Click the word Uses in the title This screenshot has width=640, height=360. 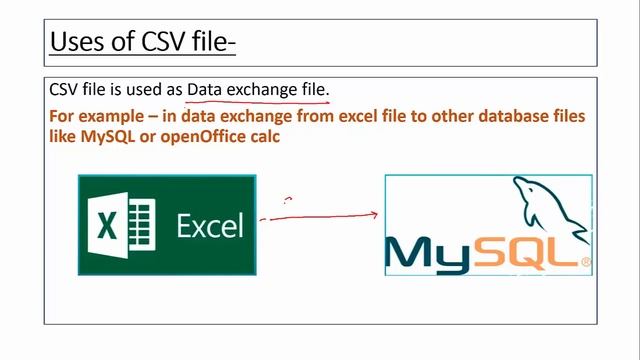click(x=76, y=41)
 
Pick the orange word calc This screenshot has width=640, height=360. click(x=262, y=136)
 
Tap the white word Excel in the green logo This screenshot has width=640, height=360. click(x=210, y=226)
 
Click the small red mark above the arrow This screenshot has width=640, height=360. click(x=287, y=200)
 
